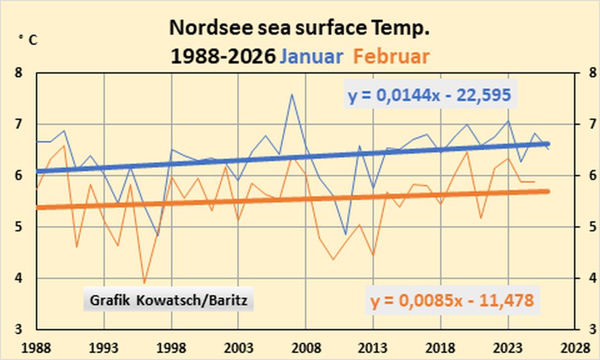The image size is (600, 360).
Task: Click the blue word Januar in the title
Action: pos(311,57)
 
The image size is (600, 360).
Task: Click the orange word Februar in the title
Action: pos(391,57)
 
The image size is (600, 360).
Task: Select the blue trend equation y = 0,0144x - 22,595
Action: pos(429,96)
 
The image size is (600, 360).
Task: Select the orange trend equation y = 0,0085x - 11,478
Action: pos(452,301)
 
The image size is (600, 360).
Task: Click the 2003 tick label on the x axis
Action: pos(239,349)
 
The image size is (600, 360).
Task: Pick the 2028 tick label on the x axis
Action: pos(575,349)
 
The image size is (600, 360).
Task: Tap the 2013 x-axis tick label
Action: pos(373,349)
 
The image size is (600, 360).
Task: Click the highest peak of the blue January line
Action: pos(292,94)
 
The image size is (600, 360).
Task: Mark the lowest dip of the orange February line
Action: pos(144,283)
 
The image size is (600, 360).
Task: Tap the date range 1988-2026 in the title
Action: pos(223,57)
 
